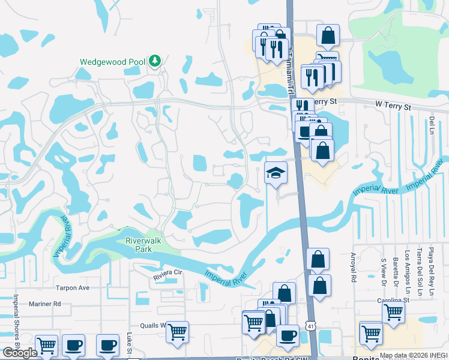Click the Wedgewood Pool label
tap(113, 61)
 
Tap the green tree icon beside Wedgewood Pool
tap(155, 61)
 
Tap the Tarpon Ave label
tap(72, 287)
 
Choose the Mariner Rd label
tap(49, 304)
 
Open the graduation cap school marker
tap(276, 173)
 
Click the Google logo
tap(20, 352)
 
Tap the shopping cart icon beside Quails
tap(177, 331)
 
